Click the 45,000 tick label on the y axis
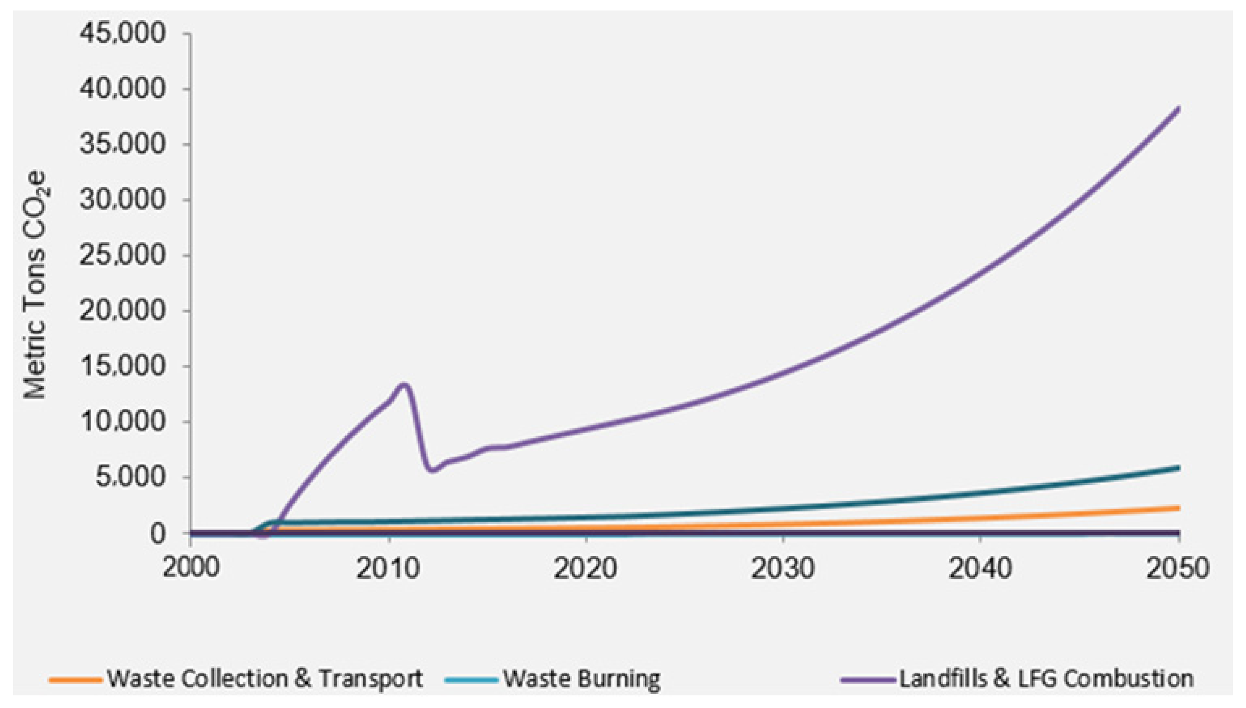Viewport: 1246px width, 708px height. point(123,35)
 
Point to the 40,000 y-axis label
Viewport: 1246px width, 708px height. point(123,90)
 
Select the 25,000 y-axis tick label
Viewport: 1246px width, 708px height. point(123,256)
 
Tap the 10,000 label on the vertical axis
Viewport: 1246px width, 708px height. point(123,422)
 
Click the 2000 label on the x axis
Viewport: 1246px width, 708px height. point(191,568)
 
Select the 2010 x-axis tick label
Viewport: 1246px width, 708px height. point(388,568)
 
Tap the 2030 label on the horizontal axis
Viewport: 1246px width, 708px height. point(782,568)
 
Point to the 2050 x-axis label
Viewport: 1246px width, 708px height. point(1177,568)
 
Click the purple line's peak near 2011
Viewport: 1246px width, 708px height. point(404,385)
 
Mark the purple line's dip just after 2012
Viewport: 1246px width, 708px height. point(432,470)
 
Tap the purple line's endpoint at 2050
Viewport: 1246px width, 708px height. point(1178,108)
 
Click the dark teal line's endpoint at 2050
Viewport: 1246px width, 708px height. point(1178,468)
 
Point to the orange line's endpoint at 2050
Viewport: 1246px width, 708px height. point(1178,508)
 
